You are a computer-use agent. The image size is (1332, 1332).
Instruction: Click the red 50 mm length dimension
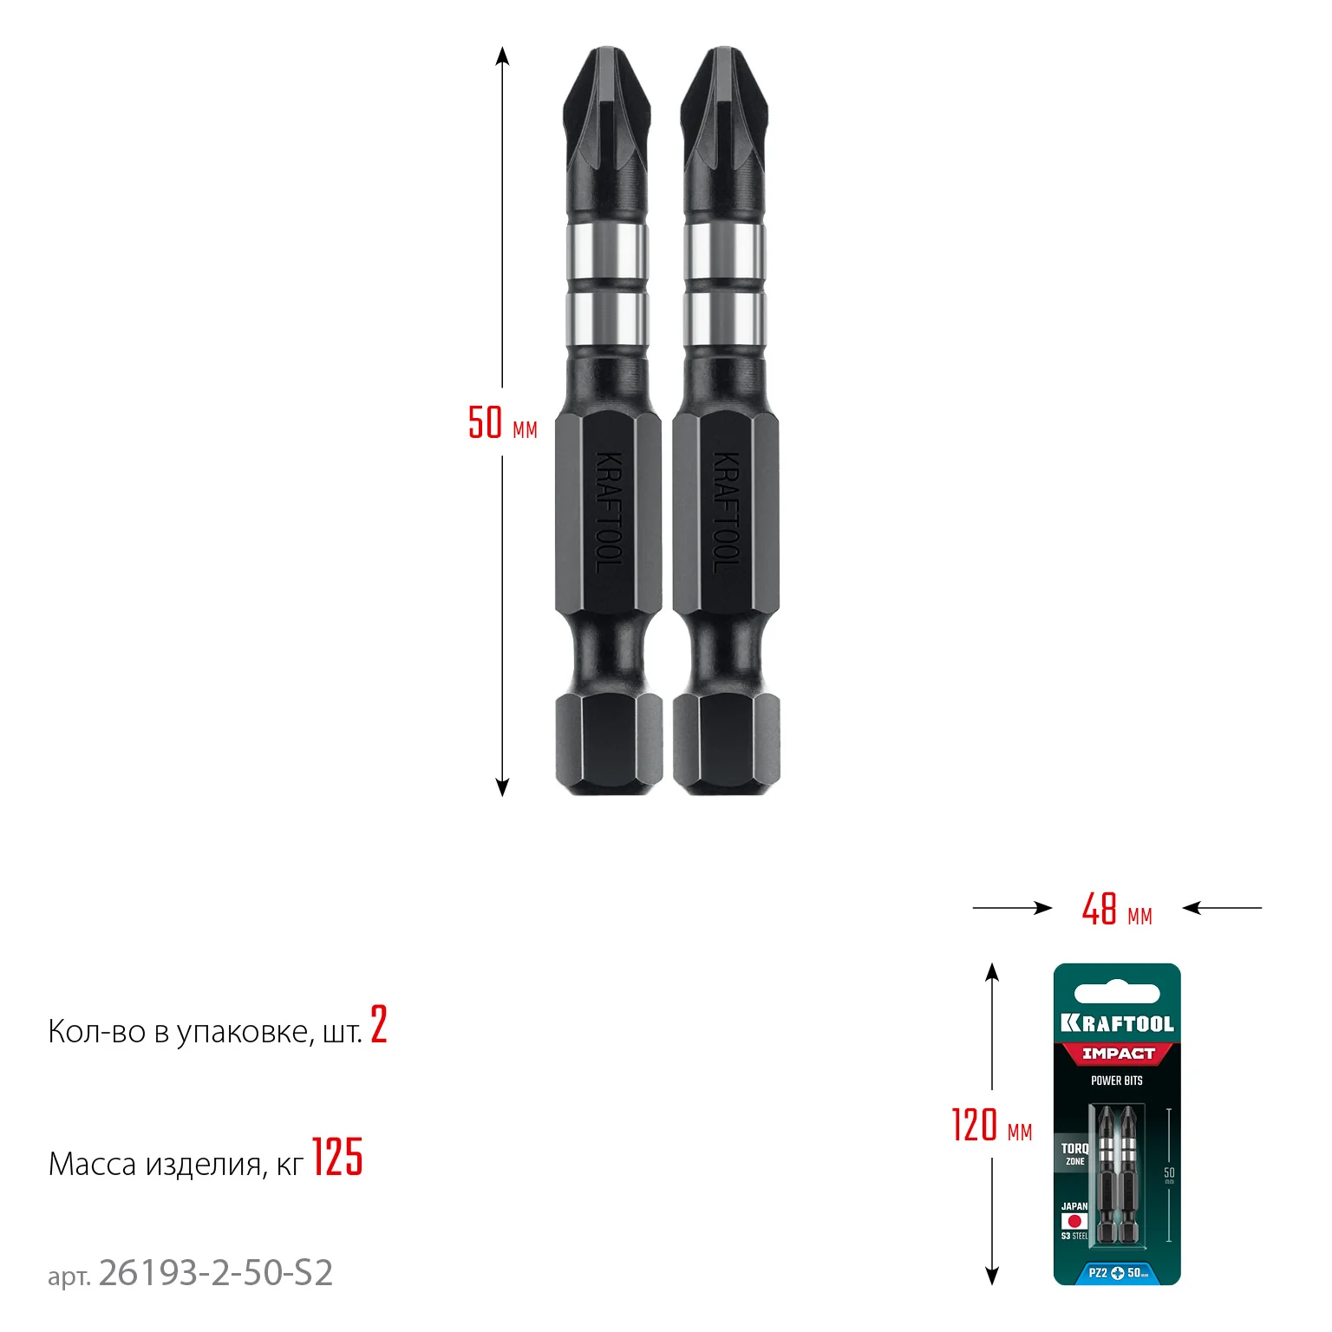[502, 422]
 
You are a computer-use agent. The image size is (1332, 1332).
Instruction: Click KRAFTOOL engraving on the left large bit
[609, 512]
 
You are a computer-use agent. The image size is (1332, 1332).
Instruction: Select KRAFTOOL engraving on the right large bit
[726, 512]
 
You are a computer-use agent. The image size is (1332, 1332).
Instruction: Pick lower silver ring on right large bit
[725, 319]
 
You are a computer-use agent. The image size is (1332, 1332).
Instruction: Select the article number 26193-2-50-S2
[216, 1273]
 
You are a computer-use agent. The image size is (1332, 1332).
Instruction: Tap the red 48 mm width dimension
[1116, 910]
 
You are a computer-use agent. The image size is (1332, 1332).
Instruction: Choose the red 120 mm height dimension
[991, 1126]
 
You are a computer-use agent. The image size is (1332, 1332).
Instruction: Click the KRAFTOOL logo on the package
[1117, 1024]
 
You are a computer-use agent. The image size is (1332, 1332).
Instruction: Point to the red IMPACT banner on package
[1118, 1054]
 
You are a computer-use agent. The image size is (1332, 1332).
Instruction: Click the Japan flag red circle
[1075, 1221]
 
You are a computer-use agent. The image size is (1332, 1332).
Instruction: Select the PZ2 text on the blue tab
[1097, 1273]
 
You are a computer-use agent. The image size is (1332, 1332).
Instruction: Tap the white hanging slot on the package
[1117, 994]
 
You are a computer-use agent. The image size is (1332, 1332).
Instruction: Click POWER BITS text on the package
[1117, 1081]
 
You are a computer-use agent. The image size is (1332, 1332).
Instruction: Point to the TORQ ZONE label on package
[1074, 1153]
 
